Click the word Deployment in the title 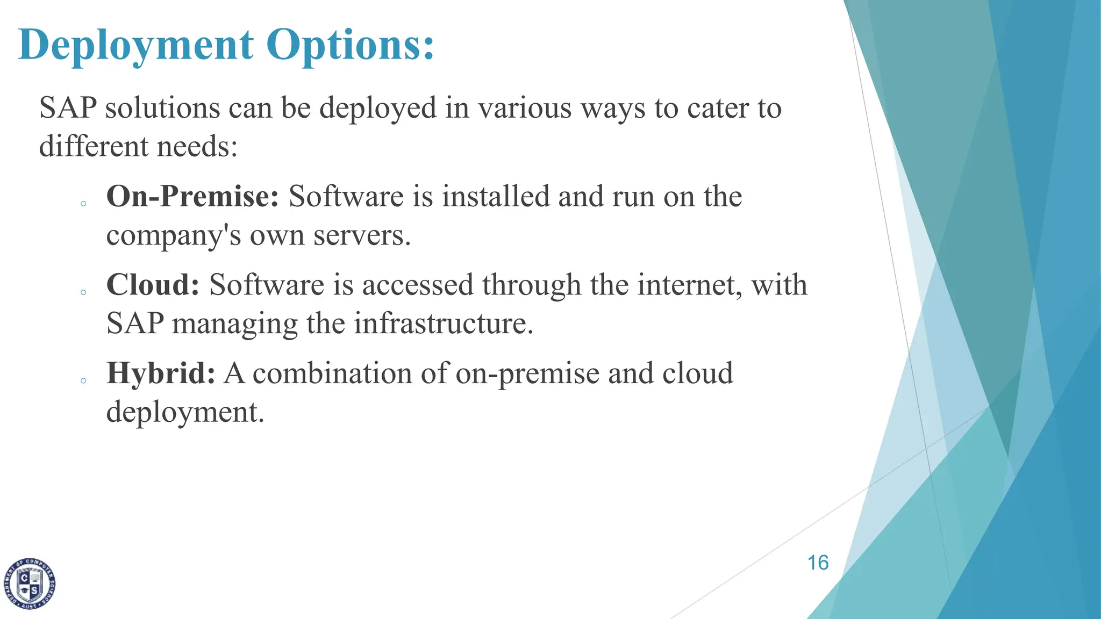(136, 45)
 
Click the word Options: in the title (350, 45)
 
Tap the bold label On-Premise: (192, 196)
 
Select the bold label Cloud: (153, 285)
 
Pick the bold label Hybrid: (161, 373)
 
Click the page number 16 (818, 563)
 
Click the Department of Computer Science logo (30, 584)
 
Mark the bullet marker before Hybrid (83, 381)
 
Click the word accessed (418, 285)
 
